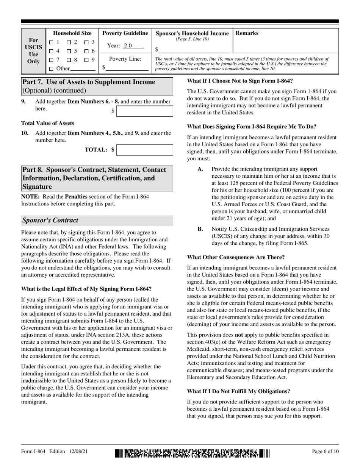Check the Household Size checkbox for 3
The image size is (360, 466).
pyautogui.click(x=86, y=42)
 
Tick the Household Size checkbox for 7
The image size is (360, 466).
pyautogui.click(x=51, y=59)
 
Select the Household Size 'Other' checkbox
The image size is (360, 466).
pyautogui.click(x=51, y=69)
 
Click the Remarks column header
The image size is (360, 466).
pyautogui.click(x=247, y=33)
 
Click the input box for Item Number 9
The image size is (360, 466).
pyautogui.click(x=144, y=111)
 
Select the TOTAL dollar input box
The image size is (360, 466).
pyautogui.click(x=144, y=150)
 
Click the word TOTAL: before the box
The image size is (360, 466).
pyautogui.click(x=96, y=150)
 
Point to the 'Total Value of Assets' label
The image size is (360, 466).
pyautogui.click(x=48, y=123)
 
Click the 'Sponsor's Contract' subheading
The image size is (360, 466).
pyautogui.click(x=50, y=220)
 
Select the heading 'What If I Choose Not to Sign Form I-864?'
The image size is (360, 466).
pyautogui.click(x=239, y=81)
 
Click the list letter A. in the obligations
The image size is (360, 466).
pyautogui.click(x=201, y=169)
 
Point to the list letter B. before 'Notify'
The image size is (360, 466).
pyautogui.click(x=200, y=229)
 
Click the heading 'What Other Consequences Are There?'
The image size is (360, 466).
pyautogui.click(x=236, y=257)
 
